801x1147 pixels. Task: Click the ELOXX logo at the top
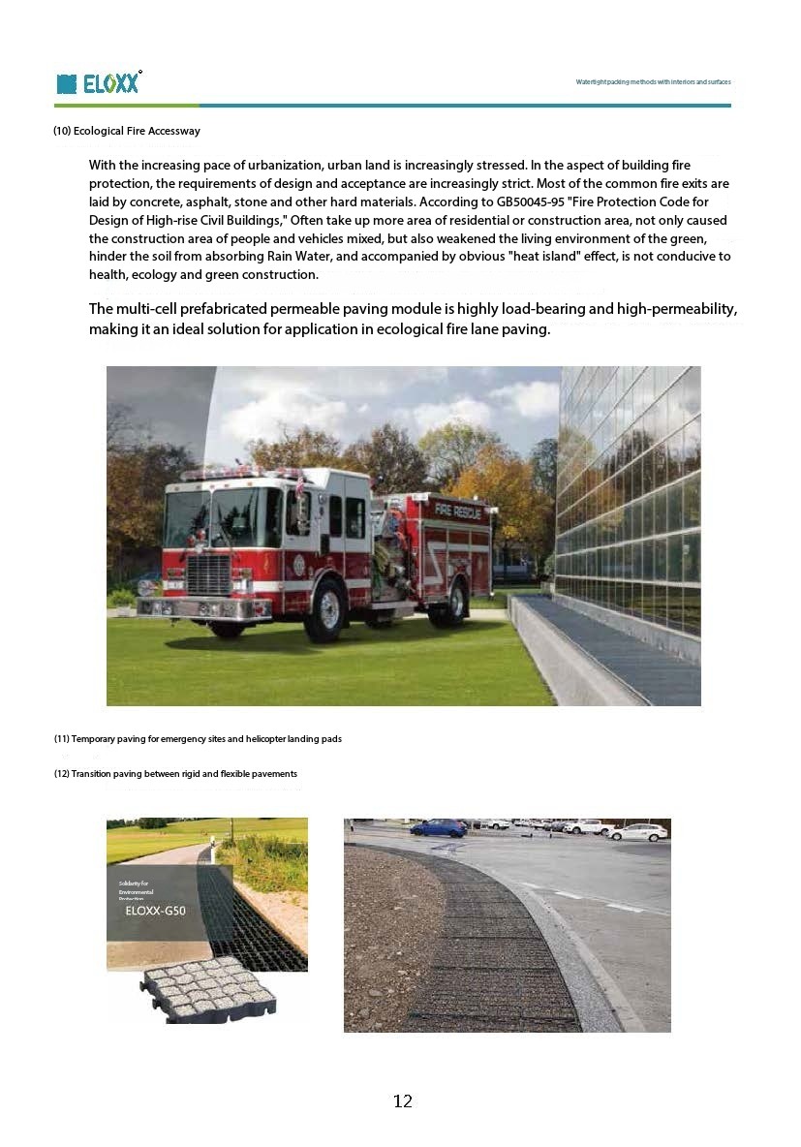99,83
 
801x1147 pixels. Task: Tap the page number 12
403,1101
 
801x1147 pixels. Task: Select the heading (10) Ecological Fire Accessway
127,131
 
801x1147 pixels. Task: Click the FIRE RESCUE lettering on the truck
457,510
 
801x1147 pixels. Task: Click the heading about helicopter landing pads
198,739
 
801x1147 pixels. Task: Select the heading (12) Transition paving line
175,774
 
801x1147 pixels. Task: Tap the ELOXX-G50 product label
156,910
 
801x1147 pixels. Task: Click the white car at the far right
639,831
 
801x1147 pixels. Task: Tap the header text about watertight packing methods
653,82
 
